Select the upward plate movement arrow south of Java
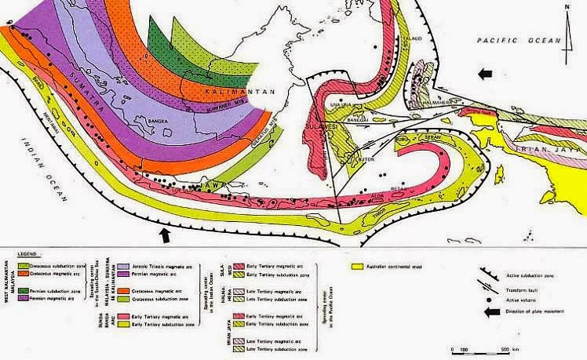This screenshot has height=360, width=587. [164, 234]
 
